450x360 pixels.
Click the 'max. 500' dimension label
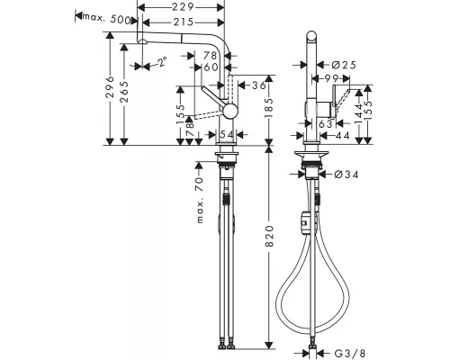click(101, 16)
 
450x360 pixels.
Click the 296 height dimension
click(112, 89)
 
